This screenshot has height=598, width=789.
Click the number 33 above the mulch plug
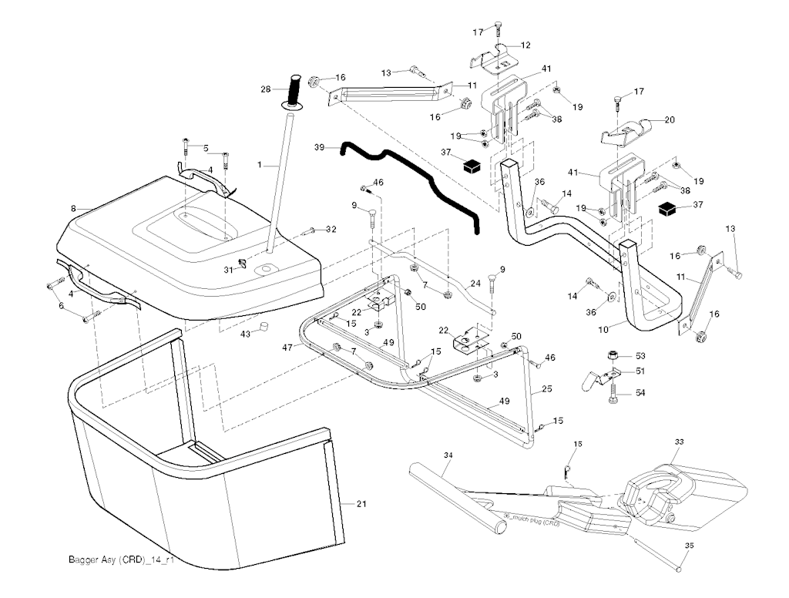click(679, 442)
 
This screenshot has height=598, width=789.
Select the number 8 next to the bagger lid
click(73, 208)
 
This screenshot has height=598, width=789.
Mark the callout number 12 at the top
click(525, 45)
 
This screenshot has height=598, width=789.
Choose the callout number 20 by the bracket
click(669, 119)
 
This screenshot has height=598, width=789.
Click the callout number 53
click(640, 356)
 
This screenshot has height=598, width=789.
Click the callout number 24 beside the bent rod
click(475, 284)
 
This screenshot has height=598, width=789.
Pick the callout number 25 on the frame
click(546, 390)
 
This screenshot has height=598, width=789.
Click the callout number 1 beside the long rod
click(260, 165)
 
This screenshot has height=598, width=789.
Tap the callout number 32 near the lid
click(331, 229)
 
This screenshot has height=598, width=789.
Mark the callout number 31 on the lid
click(228, 269)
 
